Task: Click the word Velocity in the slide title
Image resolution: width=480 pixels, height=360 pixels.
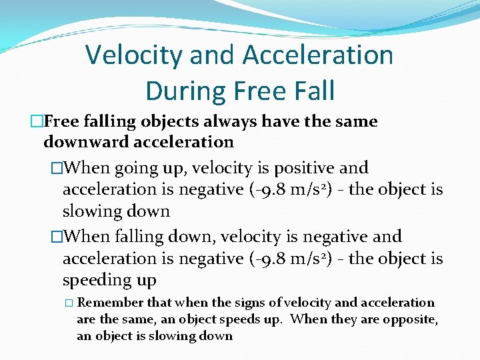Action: click(133, 55)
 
